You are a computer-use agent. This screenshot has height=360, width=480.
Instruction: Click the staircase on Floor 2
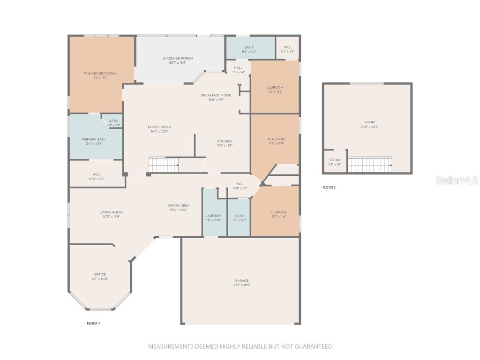pyautogui.click(x=369, y=165)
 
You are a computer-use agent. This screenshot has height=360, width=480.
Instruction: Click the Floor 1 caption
pyautogui.click(x=93, y=323)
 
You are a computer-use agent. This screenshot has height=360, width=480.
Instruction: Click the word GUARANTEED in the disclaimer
pyautogui.click(x=312, y=347)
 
